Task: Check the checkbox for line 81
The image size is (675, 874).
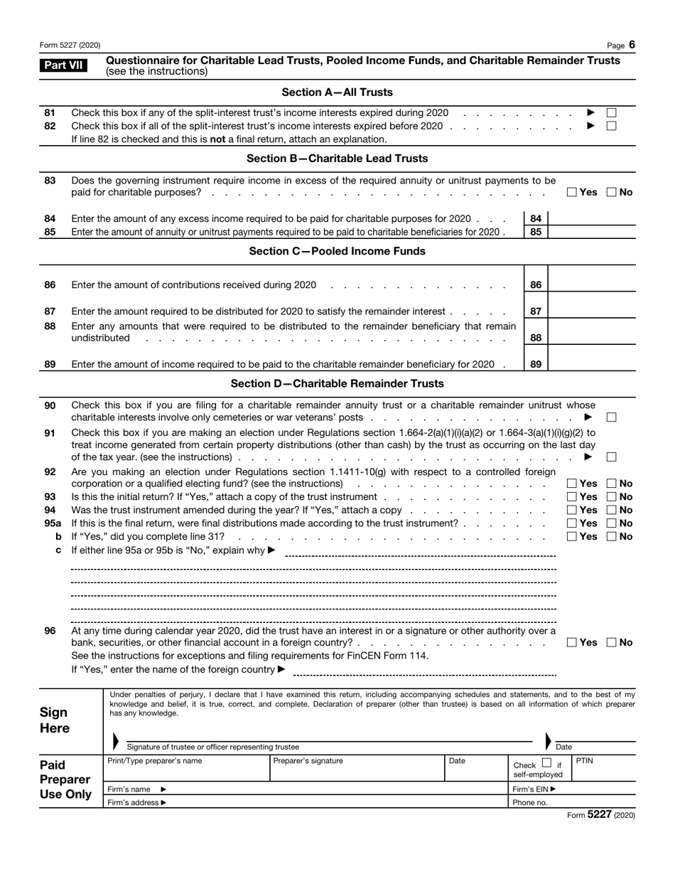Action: [x=611, y=113]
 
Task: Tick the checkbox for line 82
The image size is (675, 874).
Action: [x=611, y=126]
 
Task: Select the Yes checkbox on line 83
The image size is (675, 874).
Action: [x=572, y=193]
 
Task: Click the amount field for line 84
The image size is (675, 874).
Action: [x=593, y=219]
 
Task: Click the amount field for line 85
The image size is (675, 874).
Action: [x=593, y=232]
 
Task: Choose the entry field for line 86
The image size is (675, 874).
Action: [x=593, y=285]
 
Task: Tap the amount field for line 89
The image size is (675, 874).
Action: [x=593, y=364]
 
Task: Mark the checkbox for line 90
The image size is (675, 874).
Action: [x=611, y=417]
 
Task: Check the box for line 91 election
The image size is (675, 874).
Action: [x=611, y=457]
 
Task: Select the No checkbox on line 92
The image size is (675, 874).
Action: [x=611, y=484]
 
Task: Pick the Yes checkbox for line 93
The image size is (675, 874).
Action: [x=572, y=497]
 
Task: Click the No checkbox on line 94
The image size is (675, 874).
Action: [x=611, y=510]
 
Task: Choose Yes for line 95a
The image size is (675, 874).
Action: [x=572, y=523]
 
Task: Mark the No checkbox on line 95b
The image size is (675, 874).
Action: [x=611, y=536]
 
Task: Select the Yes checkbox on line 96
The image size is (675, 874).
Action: [x=572, y=643]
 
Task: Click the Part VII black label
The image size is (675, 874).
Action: [x=64, y=66]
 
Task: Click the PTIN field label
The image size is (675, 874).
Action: [x=583, y=761]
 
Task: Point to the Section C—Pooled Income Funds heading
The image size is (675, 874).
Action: [x=337, y=251]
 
